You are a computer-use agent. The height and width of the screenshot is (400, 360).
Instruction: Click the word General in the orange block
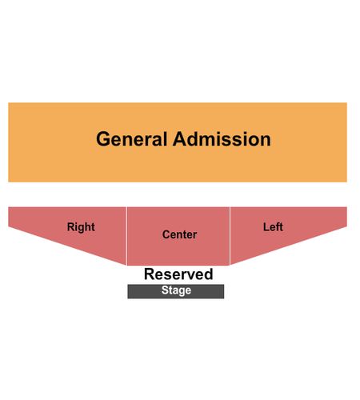131,139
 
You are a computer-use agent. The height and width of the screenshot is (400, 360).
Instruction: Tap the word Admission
222,139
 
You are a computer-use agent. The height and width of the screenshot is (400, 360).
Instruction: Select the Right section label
81,227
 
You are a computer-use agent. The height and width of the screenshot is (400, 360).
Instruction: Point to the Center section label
179,234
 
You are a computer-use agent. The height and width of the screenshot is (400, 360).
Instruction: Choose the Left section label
273,227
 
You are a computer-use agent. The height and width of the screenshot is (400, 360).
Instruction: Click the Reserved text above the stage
178,274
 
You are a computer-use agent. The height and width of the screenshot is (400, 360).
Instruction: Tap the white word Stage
176,290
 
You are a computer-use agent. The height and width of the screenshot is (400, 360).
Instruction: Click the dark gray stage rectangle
176,291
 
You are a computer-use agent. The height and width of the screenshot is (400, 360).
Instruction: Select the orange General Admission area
178,142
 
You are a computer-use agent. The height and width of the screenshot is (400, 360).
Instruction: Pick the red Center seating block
178,236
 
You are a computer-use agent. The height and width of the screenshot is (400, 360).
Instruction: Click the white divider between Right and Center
126,236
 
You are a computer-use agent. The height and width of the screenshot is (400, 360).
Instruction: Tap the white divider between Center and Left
230,236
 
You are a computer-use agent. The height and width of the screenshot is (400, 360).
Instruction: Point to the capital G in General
102,139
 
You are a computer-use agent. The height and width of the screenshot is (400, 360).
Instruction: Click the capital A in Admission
180,139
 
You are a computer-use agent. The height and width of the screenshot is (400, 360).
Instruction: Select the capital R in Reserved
150,274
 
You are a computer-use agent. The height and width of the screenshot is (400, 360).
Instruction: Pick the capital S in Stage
165,290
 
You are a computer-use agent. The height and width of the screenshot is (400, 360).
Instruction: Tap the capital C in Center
166,234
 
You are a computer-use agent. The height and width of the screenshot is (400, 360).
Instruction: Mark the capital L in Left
266,227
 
